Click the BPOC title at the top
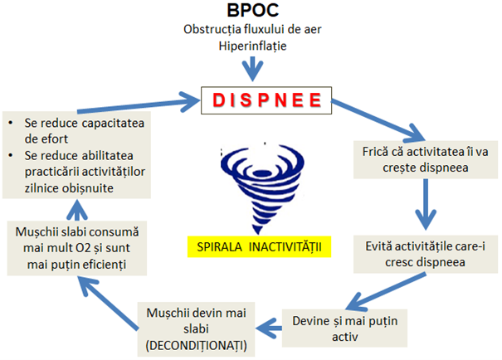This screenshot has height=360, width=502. (x=252, y=10)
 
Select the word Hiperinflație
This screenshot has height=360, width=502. (x=252, y=46)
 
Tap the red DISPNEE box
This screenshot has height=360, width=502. (x=266, y=100)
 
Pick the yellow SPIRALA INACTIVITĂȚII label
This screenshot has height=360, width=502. (x=259, y=247)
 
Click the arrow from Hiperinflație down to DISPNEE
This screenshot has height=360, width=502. (x=252, y=69)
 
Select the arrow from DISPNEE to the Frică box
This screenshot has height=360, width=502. (x=378, y=120)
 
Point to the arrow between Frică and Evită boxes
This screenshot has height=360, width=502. (x=426, y=204)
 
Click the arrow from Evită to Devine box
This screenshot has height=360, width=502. (x=386, y=291)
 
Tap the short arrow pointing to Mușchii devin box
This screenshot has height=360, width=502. (x=269, y=328)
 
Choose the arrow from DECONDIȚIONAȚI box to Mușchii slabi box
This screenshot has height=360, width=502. (x=108, y=303)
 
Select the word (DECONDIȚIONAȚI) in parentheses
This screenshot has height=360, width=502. (x=197, y=346)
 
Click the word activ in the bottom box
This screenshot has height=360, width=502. (x=345, y=337)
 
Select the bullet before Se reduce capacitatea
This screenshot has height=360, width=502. (x=11, y=123)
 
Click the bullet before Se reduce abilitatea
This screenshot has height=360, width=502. (x=11, y=155)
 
